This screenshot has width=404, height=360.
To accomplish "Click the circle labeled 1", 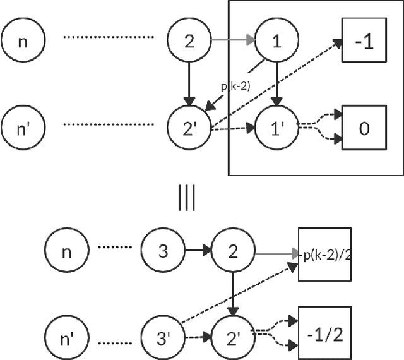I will click(275, 41).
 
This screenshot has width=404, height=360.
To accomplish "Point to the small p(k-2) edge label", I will click(235, 87).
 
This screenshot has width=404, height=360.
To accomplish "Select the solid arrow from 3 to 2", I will click(197, 252).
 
